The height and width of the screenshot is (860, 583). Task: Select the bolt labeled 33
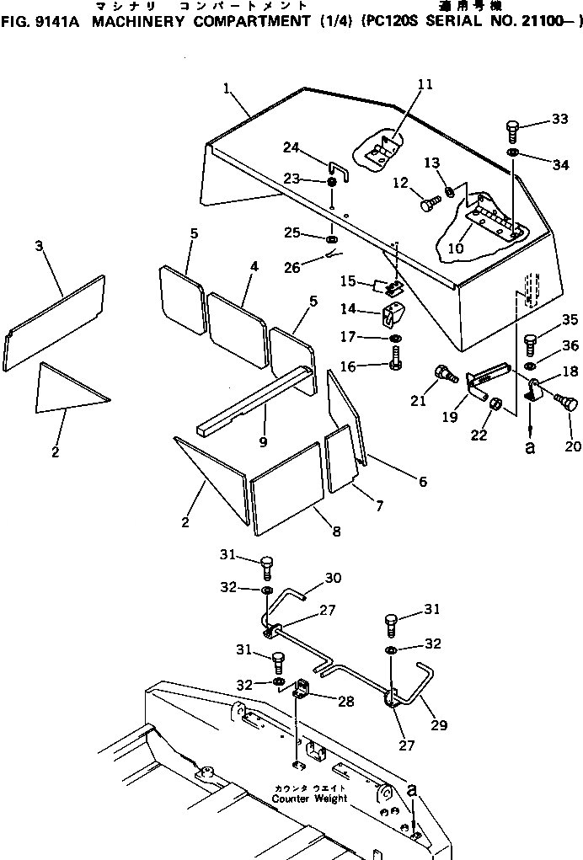click(513, 131)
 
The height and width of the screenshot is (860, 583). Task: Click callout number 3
click(39, 245)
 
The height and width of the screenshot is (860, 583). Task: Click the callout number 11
click(425, 84)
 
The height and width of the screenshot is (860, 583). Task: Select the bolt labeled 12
click(427, 202)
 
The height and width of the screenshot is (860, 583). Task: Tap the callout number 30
click(333, 578)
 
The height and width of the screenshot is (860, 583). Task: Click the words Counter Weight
click(309, 799)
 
